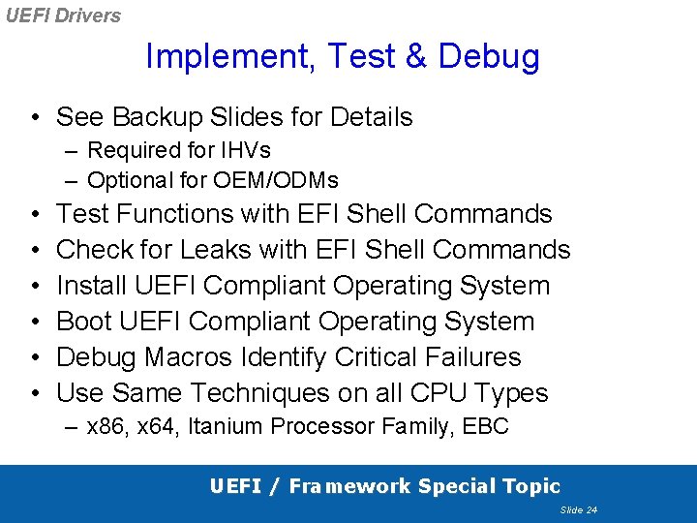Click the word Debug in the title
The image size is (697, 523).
(489, 57)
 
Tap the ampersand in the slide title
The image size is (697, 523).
(415, 56)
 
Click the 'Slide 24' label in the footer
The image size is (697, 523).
(578, 509)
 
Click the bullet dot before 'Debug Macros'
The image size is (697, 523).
(34, 357)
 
